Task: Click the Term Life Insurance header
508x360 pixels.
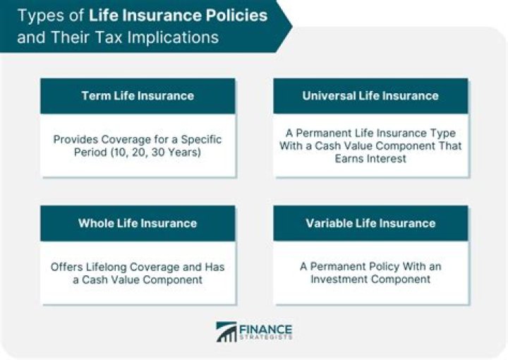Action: click(138, 96)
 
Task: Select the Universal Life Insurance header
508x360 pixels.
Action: click(370, 96)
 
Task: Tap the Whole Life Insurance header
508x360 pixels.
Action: click(138, 223)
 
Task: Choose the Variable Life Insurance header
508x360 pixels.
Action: click(370, 223)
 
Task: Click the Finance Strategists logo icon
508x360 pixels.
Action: click(227, 332)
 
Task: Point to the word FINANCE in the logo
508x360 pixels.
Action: click(265, 328)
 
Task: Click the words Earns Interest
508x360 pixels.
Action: click(370, 160)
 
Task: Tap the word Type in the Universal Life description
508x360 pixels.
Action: click(440, 133)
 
